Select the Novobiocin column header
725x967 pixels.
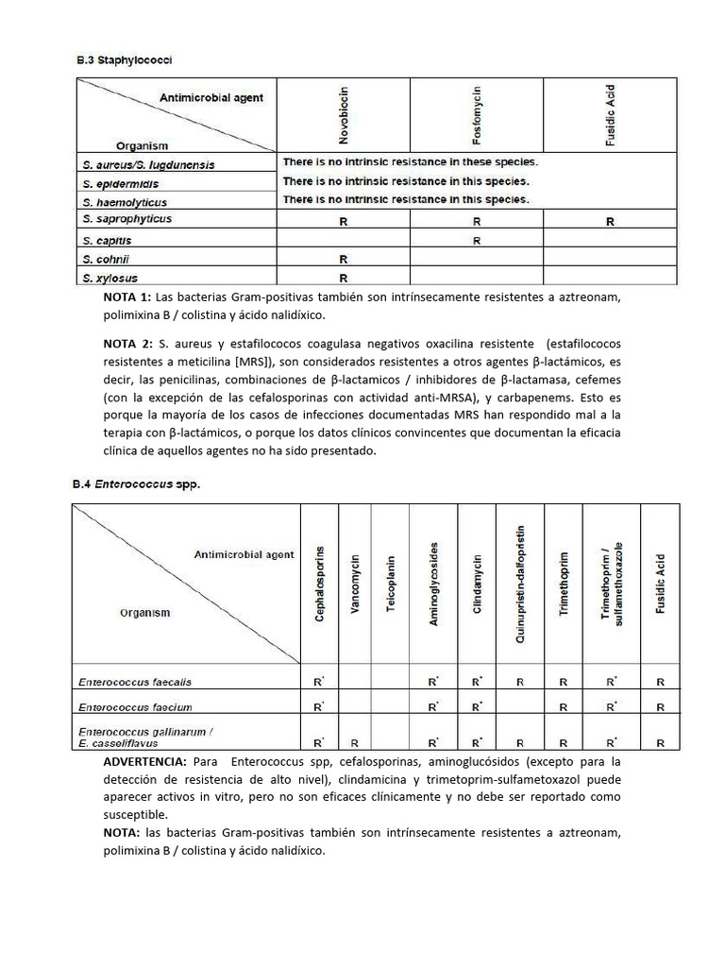tap(344, 114)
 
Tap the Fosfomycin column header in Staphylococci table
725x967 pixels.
tap(477, 114)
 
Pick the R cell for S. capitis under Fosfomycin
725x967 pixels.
tap(477, 241)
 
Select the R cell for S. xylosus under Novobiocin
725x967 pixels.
tap(344, 278)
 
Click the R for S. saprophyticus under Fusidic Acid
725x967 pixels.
tap(610, 222)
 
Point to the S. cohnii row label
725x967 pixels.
tap(105, 259)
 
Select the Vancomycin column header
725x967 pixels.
tap(355, 585)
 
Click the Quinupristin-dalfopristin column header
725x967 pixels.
tap(520, 585)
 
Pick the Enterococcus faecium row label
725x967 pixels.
tap(136, 706)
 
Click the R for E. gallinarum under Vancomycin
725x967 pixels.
tap(355, 743)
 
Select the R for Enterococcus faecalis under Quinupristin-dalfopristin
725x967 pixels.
tap(520, 681)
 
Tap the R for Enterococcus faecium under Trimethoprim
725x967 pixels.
tap(564, 706)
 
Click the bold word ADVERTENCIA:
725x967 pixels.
tap(144, 761)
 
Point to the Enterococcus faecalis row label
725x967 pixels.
tap(135, 681)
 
